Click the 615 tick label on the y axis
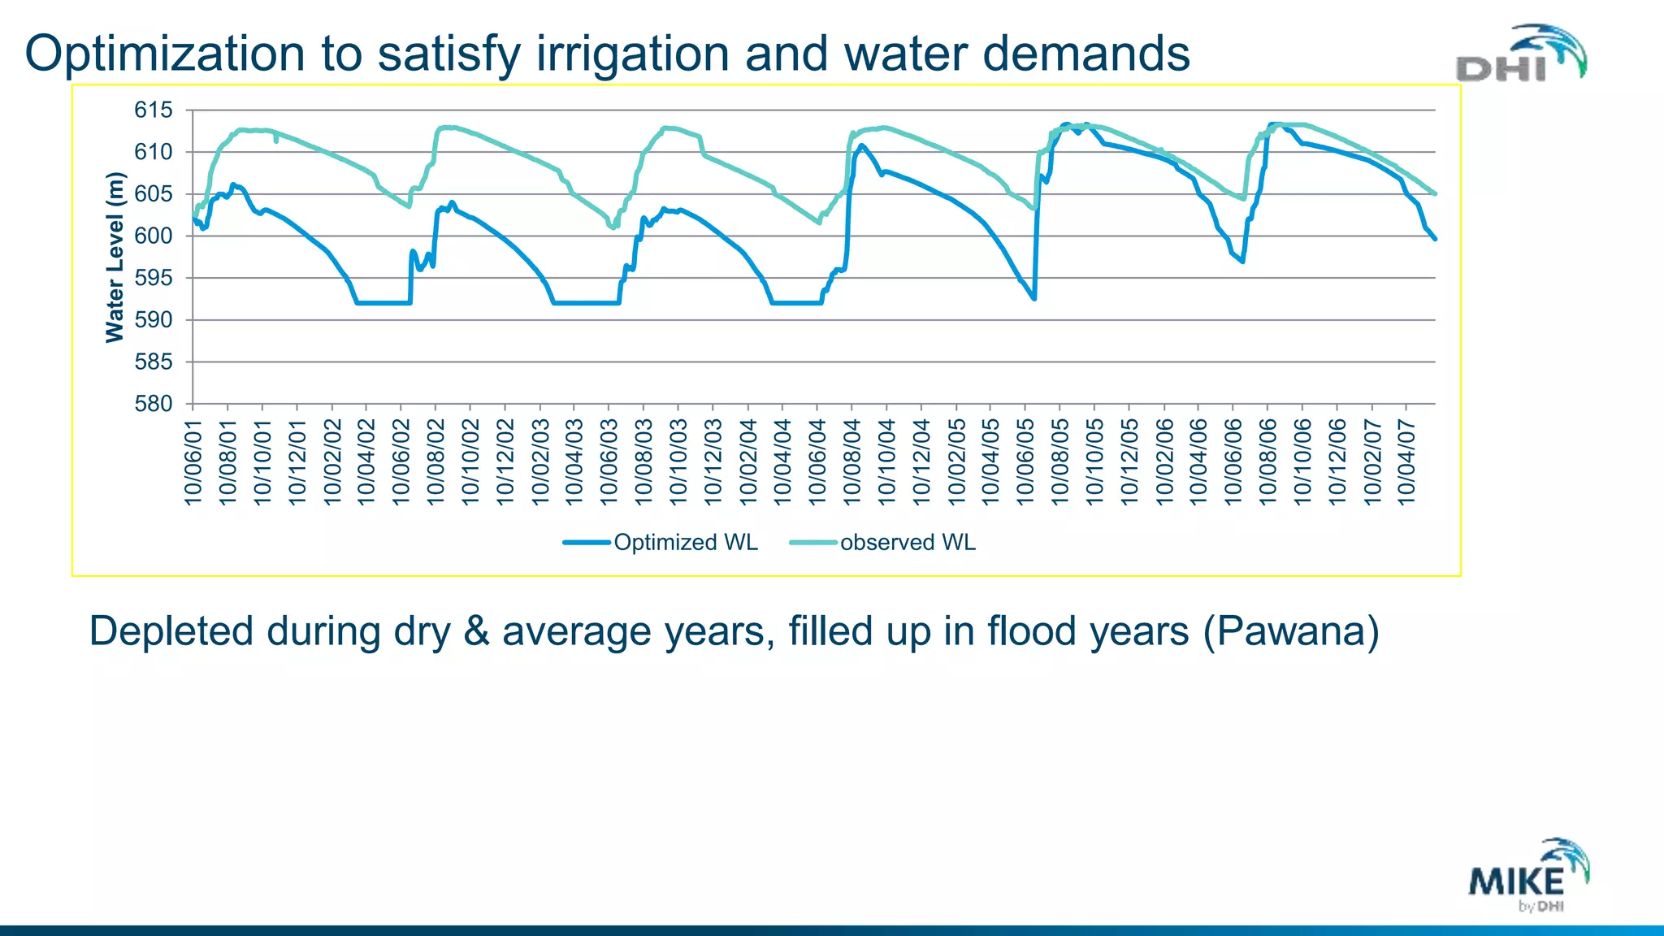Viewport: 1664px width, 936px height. pos(154,110)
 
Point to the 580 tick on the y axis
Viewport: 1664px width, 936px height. pos(154,404)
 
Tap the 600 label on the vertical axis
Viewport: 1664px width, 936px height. pos(154,236)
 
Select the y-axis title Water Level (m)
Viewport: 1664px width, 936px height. pos(115,257)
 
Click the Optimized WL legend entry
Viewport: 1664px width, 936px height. pos(661,542)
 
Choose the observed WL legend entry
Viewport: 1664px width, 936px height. pos(883,542)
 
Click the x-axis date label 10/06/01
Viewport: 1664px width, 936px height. pos(193,461)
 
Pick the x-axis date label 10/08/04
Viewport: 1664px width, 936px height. pos(851,461)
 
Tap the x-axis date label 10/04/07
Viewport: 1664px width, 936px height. pos(1406,461)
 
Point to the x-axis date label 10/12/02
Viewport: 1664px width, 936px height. pos(505,461)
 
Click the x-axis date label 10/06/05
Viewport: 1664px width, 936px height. pos(1025,461)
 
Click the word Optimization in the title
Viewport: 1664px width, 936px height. pos(166,54)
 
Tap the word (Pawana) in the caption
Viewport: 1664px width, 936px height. pos(1290,631)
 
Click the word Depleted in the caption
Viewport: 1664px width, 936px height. pos(171,631)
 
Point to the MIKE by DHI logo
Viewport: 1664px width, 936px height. pos(1528,876)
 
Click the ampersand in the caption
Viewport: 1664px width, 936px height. pos(476,631)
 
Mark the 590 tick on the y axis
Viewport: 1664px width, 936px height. pos(154,320)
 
